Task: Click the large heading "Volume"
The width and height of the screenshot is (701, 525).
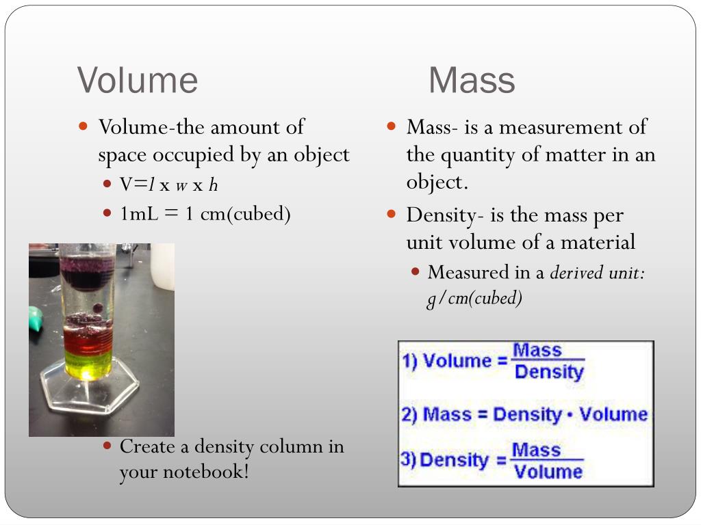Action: (138, 80)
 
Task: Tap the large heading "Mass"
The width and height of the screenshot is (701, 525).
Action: (472, 80)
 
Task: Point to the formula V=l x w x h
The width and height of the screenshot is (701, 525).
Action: (169, 185)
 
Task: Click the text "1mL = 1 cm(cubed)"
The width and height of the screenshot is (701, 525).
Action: (205, 214)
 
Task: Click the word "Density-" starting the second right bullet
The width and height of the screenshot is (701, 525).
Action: (445, 215)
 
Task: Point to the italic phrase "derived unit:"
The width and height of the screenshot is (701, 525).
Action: (598, 273)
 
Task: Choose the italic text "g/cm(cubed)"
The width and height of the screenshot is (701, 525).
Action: (474, 299)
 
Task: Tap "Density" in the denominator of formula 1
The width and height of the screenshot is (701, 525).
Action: (548, 373)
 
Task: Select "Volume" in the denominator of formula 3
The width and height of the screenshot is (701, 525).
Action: (548, 472)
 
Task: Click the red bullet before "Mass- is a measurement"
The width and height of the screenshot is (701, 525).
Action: (392, 126)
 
